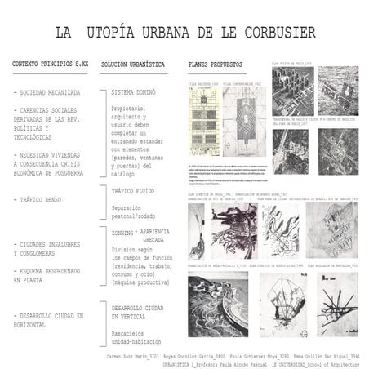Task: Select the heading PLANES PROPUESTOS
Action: pyautogui.click(x=216, y=63)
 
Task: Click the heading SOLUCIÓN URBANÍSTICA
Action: pyautogui.click(x=133, y=63)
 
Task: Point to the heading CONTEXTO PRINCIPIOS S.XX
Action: pyautogui.click(x=51, y=63)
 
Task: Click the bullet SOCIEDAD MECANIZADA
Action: pyautogui.click(x=47, y=92)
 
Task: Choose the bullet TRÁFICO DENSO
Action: pyautogui.click(x=41, y=200)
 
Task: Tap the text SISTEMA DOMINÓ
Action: pyautogui.click(x=133, y=92)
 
